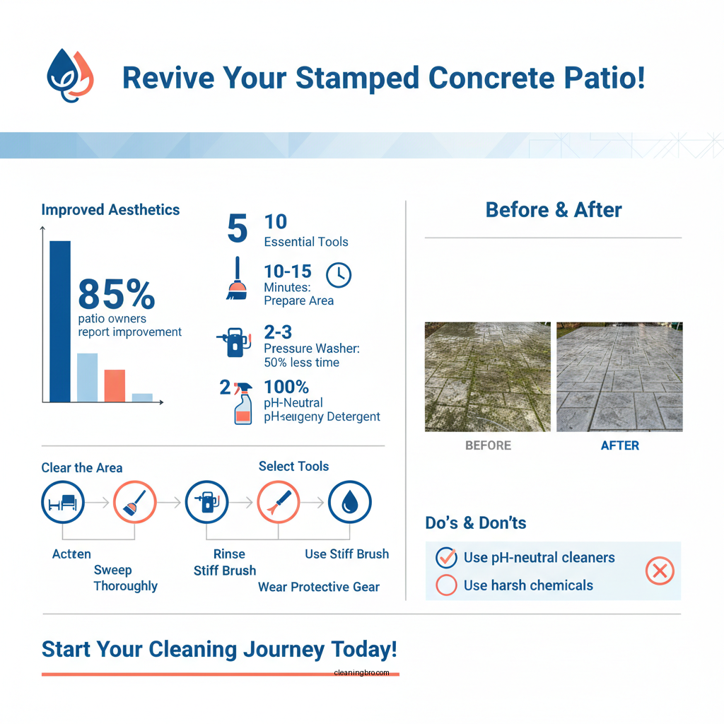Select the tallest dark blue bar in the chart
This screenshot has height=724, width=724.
pyautogui.click(x=60, y=322)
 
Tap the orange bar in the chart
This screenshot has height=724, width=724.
pyautogui.click(x=115, y=385)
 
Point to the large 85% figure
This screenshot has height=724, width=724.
pyautogui.click(x=116, y=294)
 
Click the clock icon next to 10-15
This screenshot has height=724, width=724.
pyautogui.click(x=339, y=275)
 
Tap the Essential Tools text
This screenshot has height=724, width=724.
pyautogui.click(x=305, y=242)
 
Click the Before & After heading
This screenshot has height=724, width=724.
pyautogui.click(x=554, y=210)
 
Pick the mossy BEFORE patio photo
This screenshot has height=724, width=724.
pyautogui.click(x=487, y=377)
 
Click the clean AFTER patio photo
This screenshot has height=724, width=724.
pyautogui.click(x=619, y=377)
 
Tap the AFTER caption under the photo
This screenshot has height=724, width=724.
pyautogui.click(x=619, y=445)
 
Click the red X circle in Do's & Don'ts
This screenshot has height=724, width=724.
pyautogui.click(x=660, y=571)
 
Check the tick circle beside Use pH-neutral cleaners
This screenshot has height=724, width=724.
pyautogui.click(x=446, y=558)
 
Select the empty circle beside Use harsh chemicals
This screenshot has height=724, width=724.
pyautogui.click(x=446, y=585)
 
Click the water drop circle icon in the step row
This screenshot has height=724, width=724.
pyautogui.click(x=350, y=502)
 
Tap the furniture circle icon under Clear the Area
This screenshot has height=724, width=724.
pyautogui.click(x=63, y=502)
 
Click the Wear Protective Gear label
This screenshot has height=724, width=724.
pyautogui.click(x=318, y=587)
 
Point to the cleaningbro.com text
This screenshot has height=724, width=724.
pyautogui.click(x=361, y=673)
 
